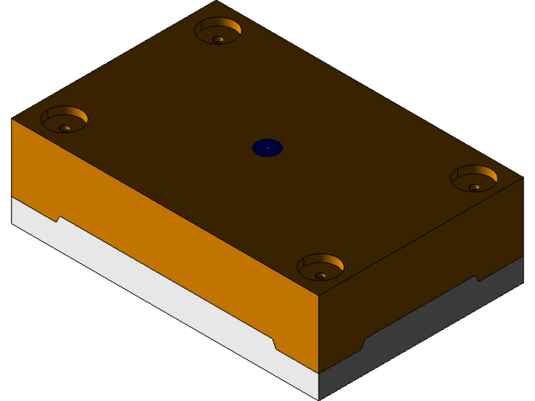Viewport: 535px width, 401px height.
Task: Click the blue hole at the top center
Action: pyautogui.click(x=267, y=148)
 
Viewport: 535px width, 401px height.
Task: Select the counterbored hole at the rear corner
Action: pyautogui.click(x=218, y=30)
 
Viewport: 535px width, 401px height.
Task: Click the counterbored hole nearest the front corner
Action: pyautogui.click(x=320, y=266)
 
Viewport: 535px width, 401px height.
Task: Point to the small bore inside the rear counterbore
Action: pyautogui.click(x=218, y=39)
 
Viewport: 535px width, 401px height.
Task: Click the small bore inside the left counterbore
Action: pyautogui.click(x=65, y=128)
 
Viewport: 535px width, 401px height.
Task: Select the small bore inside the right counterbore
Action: pyautogui.click(x=475, y=187)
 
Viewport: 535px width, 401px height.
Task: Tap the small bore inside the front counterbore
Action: pyautogui.click(x=321, y=275)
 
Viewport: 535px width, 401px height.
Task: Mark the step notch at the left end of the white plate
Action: pyautogui.click(x=59, y=220)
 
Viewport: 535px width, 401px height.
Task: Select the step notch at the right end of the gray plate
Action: pyautogui.click(x=477, y=278)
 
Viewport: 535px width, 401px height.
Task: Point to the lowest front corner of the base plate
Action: pyautogui.click(x=318, y=399)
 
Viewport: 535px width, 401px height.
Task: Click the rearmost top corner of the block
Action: pyautogui.click(x=217, y=2)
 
